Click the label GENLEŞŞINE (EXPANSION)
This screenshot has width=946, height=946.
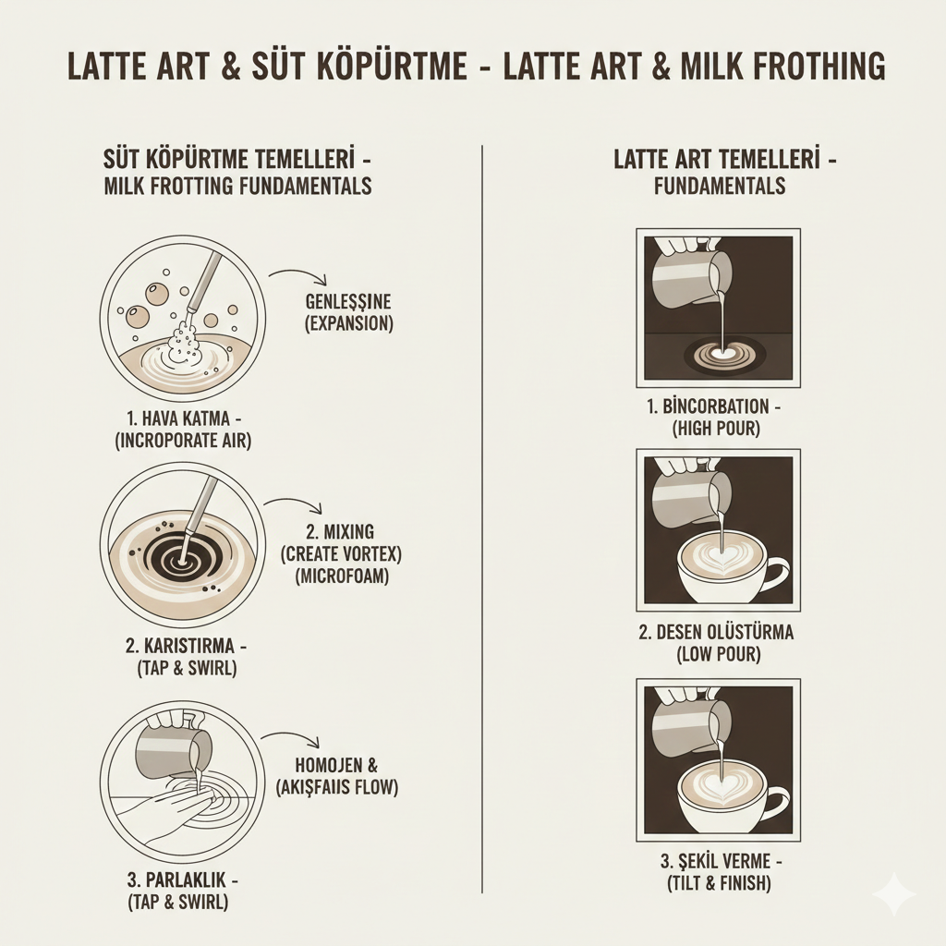click(348, 312)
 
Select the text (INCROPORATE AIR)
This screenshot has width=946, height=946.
click(182, 441)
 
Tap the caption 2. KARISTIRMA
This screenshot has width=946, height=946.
click(182, 644)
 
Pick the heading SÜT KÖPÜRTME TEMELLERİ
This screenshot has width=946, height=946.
click(239, 160)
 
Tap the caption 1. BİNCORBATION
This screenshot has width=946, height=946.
click(718, 406)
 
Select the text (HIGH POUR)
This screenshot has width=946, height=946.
click(718, 428)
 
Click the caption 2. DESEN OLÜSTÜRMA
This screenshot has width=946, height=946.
click(718, 633)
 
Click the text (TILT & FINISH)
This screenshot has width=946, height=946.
click(718, 883)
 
